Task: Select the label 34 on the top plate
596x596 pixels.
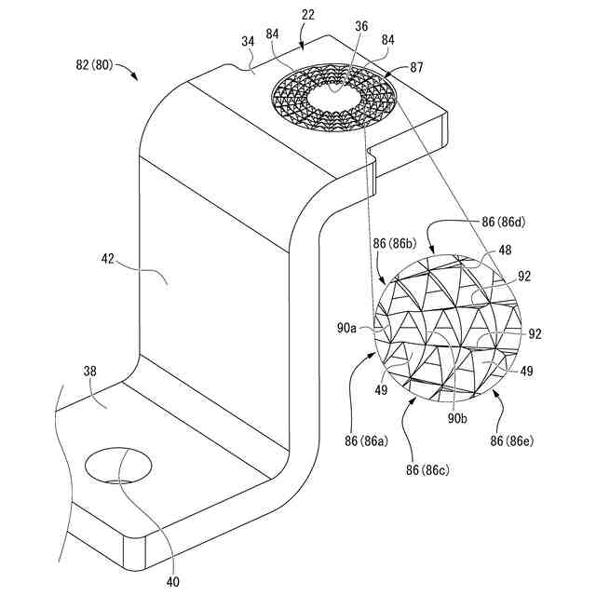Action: pos(248,41)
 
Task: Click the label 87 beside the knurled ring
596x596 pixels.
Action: pos(416,68)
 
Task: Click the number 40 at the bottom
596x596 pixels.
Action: pos(173,580)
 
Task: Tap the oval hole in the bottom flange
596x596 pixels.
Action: pos(118,464)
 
